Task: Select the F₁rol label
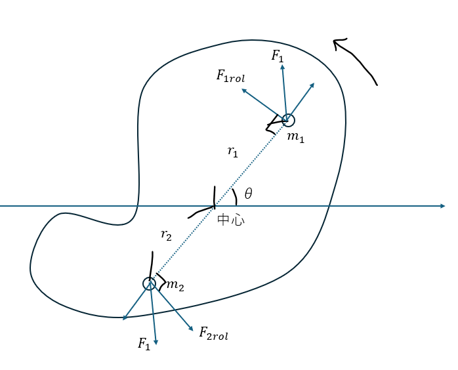click(x=230, y=75)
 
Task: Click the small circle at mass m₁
click(x=288, y=120)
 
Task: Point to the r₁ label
click(x=233, y=152)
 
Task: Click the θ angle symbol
click(x=248, y=194)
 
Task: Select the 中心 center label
click(x=231, y=220)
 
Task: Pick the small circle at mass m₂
click(x=150, y=283)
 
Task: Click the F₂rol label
click(x=213, y=334)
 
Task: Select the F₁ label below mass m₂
click(x=144, y=344)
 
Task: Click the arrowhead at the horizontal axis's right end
click(x=443, y=206)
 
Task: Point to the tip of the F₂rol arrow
click(x=192, y=329)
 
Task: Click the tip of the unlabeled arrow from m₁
click(x=314, y=84)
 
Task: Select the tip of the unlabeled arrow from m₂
click(x=124, y=319)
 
